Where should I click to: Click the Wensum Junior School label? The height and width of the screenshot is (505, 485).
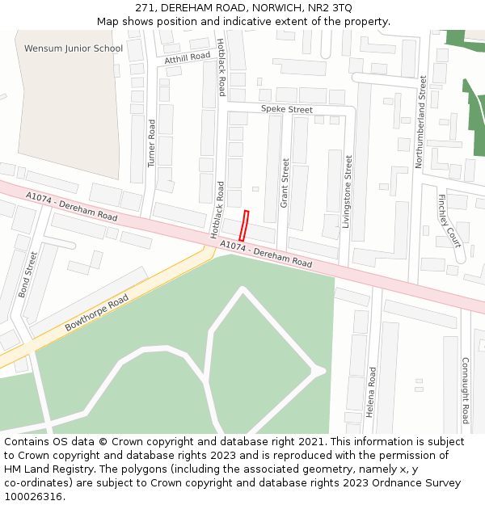(74, 48)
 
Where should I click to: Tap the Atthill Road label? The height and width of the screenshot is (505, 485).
(187, 58)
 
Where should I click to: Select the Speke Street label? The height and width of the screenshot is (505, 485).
(286, 109)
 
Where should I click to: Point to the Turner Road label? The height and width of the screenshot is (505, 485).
(151, 144)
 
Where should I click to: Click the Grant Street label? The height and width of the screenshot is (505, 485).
(285, 183)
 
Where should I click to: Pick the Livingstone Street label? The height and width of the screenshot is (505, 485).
(348, 192)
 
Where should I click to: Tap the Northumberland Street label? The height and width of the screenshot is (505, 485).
(420, 122)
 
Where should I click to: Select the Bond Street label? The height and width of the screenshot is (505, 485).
(28, 275)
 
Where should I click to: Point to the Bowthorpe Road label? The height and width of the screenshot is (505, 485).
(97, 314)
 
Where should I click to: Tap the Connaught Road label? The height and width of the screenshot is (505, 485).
(465, 390)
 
